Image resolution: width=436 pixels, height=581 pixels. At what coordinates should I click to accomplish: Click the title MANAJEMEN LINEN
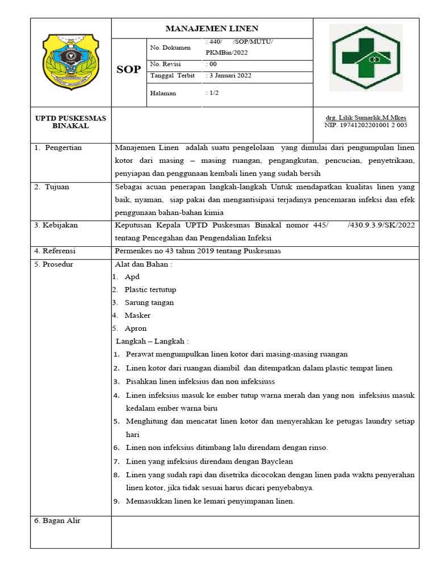coord(212,28)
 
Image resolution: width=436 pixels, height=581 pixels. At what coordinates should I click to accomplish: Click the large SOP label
coord(128,70)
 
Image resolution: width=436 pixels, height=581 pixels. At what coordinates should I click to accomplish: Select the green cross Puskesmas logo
coord(366,57)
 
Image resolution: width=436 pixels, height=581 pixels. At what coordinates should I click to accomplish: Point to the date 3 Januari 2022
coord(230,75)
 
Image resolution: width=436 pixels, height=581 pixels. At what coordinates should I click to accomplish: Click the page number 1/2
coord(213,93)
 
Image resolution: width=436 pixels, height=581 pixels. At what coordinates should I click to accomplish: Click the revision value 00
coord(212,64)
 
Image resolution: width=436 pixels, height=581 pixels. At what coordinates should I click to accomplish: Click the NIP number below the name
coord(366,125)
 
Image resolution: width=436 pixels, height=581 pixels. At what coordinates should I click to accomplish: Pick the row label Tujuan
coord(58,187)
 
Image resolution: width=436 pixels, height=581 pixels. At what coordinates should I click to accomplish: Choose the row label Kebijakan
coord(60,225)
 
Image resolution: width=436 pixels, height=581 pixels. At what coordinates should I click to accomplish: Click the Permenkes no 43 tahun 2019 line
coord(198,251)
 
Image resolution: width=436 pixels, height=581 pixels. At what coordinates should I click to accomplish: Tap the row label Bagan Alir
coord(61,520)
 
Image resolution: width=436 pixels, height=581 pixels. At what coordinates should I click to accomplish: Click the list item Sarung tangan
coord(149,302)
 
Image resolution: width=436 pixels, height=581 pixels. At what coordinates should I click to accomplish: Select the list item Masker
coord(137,315)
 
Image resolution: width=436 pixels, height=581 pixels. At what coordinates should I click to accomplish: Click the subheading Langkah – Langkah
coord(152,342)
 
